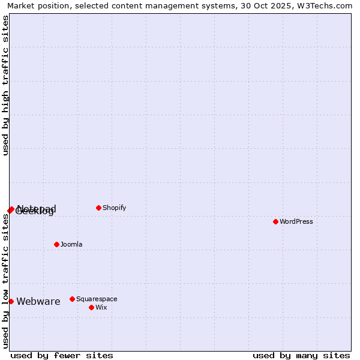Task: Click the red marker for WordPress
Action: (x=275, y=221)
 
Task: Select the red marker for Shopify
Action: (x=98, y=208)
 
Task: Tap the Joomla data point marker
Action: (x=56, y=244)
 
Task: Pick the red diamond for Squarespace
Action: (x=72, y=299)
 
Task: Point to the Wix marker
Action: (x=91, y=307)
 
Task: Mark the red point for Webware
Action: (x=11, y=301)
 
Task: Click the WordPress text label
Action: (x=296, y=221)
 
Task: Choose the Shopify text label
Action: (x=114, y=208)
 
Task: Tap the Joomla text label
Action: (x=71, y=244)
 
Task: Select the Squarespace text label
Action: (x=97, y=299)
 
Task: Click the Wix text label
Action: (x=101, y=307)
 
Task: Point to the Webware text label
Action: (x=38, y=301)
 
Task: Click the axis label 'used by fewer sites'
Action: (x=62, y=355)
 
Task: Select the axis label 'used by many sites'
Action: (x=301, y=355)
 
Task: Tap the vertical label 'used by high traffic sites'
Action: (x=5, y=85)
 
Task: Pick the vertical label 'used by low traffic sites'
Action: (x=5, y=281)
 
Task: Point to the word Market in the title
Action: (x=23, y=5)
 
